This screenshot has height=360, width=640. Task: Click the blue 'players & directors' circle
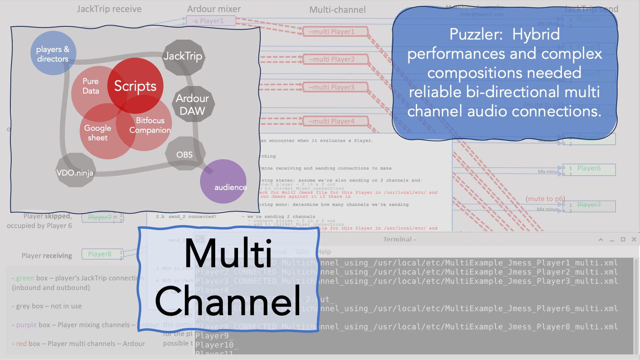(53, 54)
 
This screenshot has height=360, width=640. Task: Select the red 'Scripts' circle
(135, 86)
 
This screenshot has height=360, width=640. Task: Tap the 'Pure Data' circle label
(90, 86)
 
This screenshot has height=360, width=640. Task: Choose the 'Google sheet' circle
(98, 133)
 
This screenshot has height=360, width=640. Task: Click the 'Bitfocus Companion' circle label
(150, 125)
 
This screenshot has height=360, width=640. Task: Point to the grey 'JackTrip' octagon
(183, 56)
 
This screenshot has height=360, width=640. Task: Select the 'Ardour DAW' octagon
(192, 104)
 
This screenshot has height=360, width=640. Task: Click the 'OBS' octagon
(184, 154)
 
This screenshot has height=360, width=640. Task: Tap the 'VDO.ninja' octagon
(75, 172)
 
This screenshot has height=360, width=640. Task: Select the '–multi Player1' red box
(331, 32)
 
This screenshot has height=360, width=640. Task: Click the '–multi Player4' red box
(331, 121)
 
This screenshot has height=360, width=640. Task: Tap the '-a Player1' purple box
(210, 21)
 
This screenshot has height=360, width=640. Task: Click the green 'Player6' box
(589, 168)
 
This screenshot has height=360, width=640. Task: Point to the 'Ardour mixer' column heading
(214, 9)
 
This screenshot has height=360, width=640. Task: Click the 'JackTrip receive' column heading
(109, 9)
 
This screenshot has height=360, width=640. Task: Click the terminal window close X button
(634, 239)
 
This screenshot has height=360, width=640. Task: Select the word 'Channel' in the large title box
(228, 301)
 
